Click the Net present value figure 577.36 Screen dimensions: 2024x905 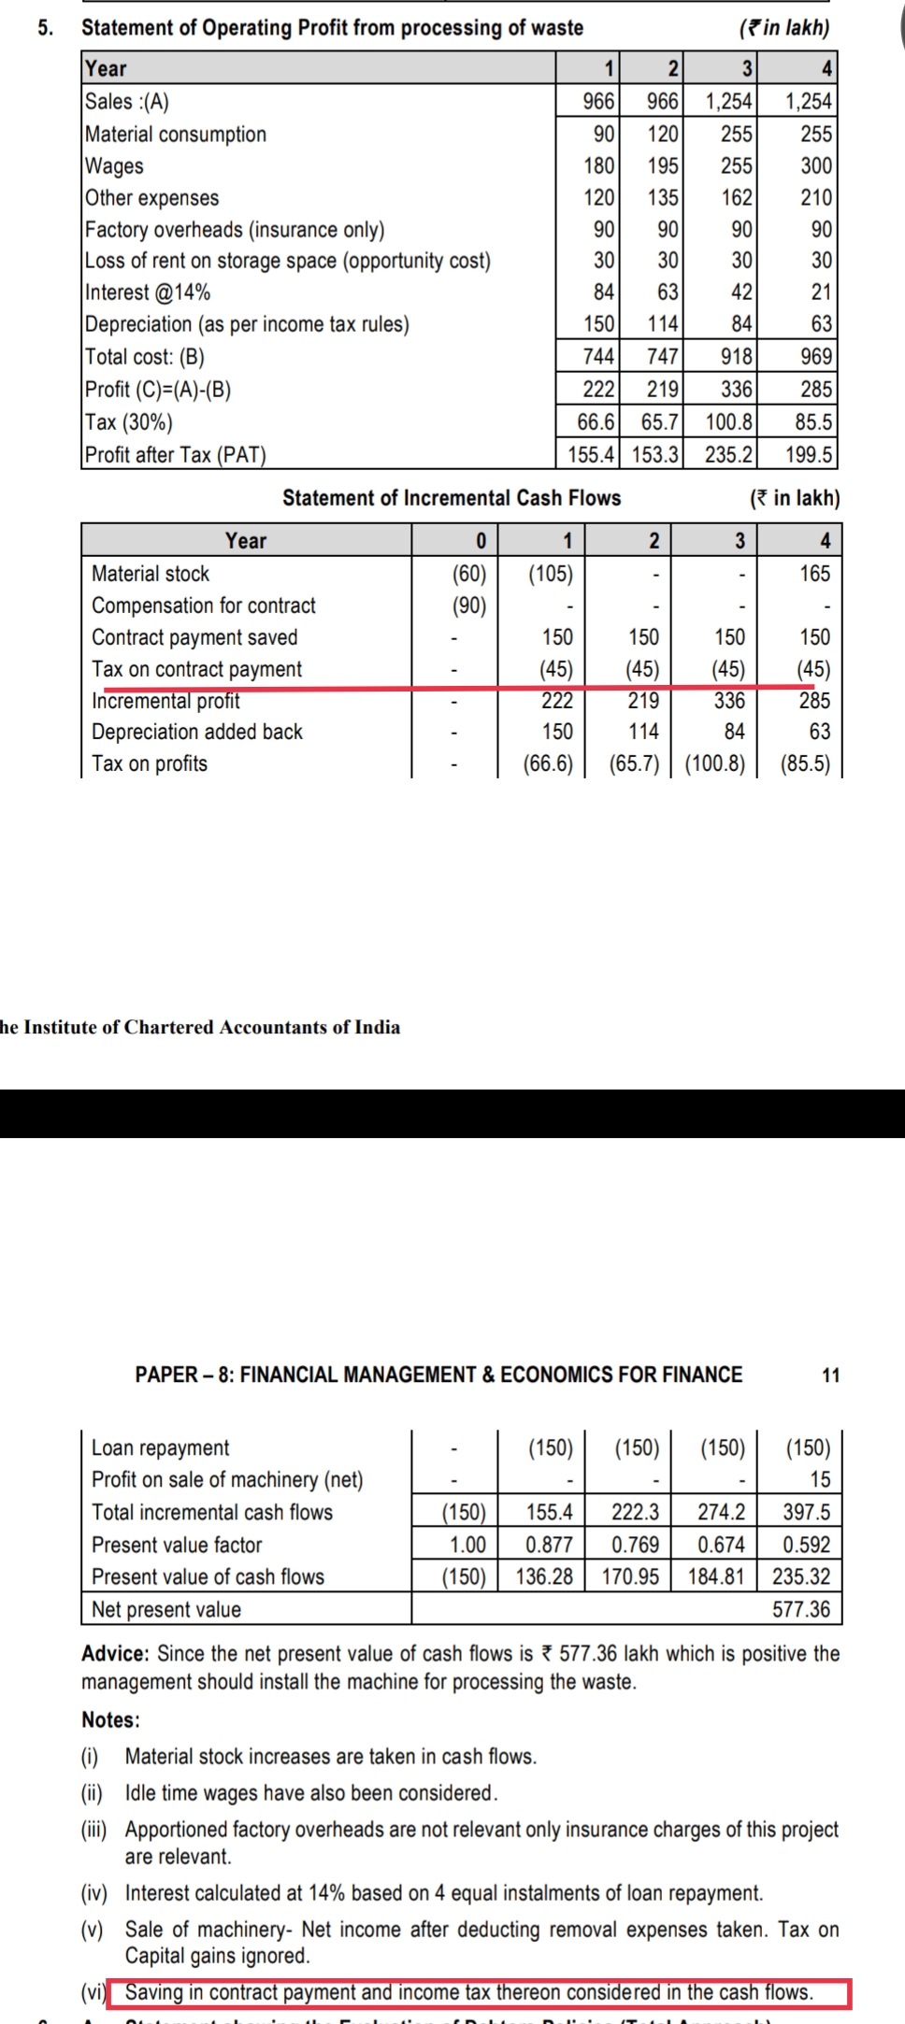point(800,1609)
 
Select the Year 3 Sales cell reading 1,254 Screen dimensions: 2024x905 point(728,102)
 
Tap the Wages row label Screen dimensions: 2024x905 point(114,166)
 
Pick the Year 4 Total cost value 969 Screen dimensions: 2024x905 point(816,357)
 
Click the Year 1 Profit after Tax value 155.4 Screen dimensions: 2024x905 point(592,455)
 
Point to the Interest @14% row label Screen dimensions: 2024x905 point(148,292)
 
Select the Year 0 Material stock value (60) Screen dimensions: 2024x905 point(469,574)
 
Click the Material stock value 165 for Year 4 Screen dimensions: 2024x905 point(814,574)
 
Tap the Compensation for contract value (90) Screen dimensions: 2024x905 point(469,606)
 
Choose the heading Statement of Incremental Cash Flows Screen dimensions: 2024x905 point(452,498)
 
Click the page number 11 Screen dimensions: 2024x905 point(830,1375)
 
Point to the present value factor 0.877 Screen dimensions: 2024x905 point(549,1545)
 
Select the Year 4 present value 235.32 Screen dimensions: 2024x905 point(800,1576)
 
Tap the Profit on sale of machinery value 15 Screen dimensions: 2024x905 point(819,1479)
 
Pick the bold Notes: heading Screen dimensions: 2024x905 point(110,1719)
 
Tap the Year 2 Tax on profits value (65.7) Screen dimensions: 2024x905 point(635,763)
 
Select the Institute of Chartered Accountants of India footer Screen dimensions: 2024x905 point(200,1027)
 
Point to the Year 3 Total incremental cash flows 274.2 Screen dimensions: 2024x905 point(721,1512)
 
